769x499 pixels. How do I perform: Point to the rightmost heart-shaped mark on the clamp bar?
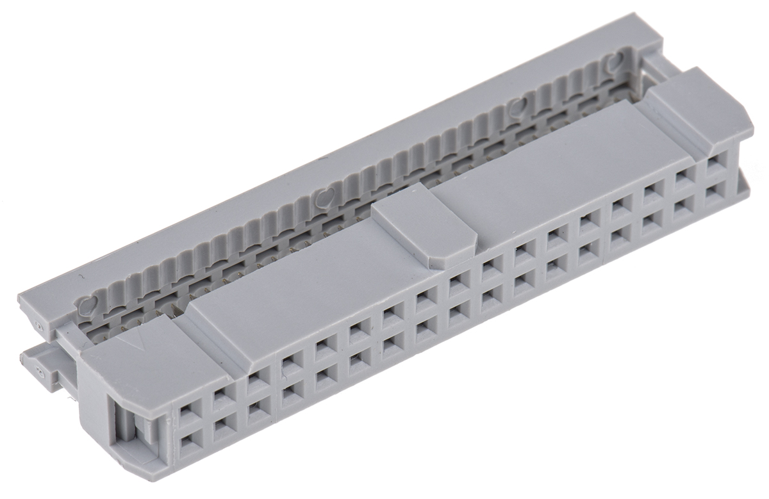[x=615, y=63]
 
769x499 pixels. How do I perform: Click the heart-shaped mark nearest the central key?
[x=326, y=197]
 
